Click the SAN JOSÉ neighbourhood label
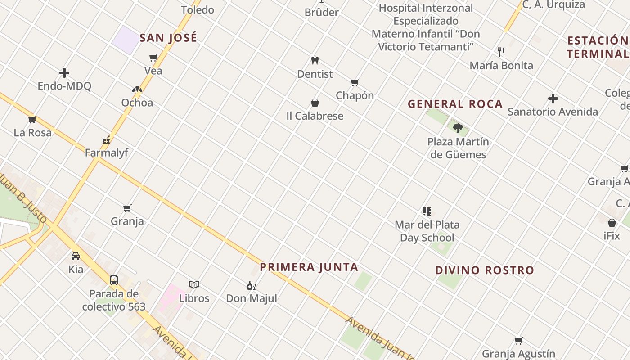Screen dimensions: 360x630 pyautogui.click(x=168, y=38)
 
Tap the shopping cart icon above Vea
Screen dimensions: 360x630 pyautogui.click(x=153, y=58)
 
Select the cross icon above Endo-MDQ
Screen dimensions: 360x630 pyautogui.click(x=64, y=73)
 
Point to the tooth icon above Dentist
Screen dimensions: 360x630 pyautogui.click(x=315, y=60)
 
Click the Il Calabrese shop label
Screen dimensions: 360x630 pyautogui.click(x=315, y=116)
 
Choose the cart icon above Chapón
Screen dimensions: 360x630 pyautogui.click(x=355, y=82)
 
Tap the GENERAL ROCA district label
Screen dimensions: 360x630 pyautogui.click(x=455, y=104)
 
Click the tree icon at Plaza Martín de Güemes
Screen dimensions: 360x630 pyautogui.click(x=458, y=128)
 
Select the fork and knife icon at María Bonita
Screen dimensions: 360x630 pyautogui.click(x=501, y=52)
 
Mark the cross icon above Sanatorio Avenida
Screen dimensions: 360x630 pyautogui.click(x=553, y=99)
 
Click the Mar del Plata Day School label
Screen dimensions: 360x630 pyautogui.click(x=427, y=231)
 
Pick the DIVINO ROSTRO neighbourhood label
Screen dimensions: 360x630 pyautogui.click(x=484, y=270)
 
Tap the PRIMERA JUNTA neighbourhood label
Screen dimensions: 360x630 pyautogui.click(x=309, y=267)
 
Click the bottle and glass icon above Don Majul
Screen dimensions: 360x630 pyautogui.click(x=251, y=285)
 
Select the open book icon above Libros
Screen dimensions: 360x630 pyautogui.click(x=194, y=284)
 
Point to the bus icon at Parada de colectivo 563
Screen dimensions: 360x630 pyautogui.click(x=114, y=280)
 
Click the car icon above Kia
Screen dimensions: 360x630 pyautogui.click(x=76, y=256)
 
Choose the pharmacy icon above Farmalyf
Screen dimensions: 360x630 pyautogui.click(x=106, y=140)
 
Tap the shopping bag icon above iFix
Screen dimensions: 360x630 pyautogui.click(x=612, y=222)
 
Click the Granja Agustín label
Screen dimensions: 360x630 pyautogui.click(x=518, y=354)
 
